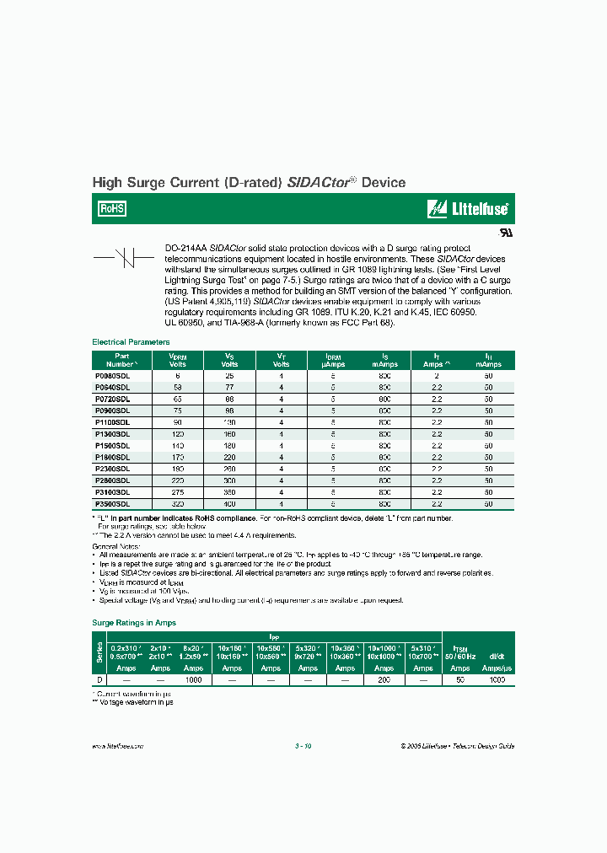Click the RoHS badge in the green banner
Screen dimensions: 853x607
(112, 208)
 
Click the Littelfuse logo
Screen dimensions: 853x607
(468, 208)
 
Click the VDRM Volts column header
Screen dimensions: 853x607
(177, 361)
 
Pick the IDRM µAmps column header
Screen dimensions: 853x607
(333, 361)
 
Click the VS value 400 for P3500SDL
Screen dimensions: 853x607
(229, 503)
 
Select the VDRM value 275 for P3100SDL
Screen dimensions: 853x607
(177, 491)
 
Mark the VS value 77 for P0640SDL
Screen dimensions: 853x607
(229, 386)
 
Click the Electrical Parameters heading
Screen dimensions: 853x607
(131, 342)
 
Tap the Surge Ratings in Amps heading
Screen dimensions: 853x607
(134, 622)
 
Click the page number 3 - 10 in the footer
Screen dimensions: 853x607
(303, 746)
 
